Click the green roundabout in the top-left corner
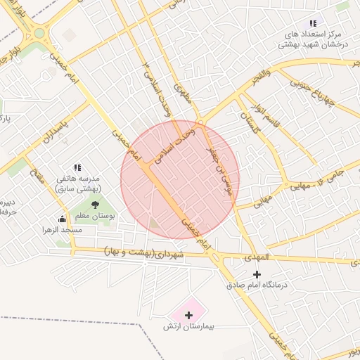coord(39,32)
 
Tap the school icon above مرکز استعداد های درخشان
coord(313,23)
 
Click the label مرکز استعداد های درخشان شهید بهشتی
coord(313,39)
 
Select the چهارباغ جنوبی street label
coord(328,91)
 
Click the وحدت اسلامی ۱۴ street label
coord(157,89)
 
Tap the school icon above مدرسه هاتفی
coord(77,167)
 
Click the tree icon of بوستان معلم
coord(95,205)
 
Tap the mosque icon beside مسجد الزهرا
coord(62,219)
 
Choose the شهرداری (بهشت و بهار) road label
coord(144,252)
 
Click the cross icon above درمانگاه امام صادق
coord(257,274)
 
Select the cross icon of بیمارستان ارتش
coord(188,315)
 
